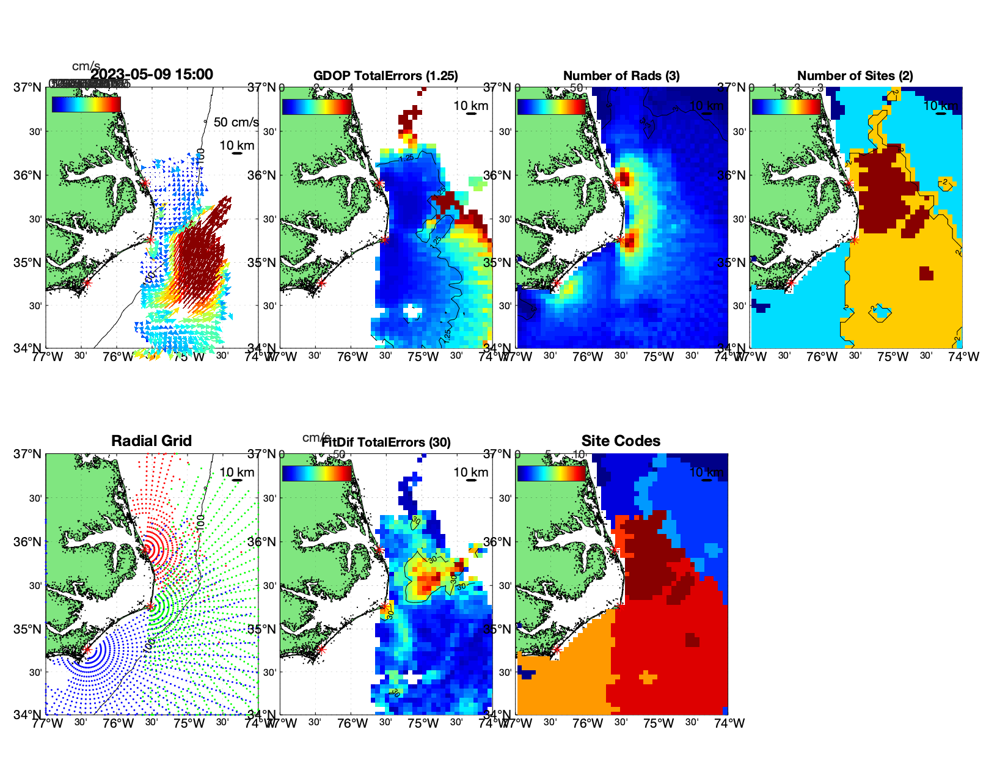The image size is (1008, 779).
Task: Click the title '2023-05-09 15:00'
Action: pyautogui.click(x=152, y=75)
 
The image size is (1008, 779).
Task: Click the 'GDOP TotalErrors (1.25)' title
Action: pyautogui.click(x=385, y=76)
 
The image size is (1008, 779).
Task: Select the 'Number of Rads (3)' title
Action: pyautogui.click(x=621, y=76)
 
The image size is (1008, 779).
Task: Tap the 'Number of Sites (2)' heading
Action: pyautogui.click(x=855, y=76)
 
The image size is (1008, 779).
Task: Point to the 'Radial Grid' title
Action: pyautogui.click(x=152, y=441)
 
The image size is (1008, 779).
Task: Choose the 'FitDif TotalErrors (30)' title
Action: pyautogui.click(x=385, y=442)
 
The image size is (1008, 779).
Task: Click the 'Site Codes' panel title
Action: pyautogui.click(x=621, y=441)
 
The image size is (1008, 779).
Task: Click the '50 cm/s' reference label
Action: pyautogui.click(x=236, y=122)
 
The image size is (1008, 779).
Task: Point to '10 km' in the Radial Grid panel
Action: pyautogui.click(x=236, y=472)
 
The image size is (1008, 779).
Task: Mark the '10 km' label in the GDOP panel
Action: pyautogui.click(x=470, y=106)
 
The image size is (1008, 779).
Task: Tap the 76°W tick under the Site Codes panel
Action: pyautogui.click(x=587, y=723)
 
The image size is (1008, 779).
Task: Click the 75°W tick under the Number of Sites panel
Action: pyautogui.click(x=893, y=357)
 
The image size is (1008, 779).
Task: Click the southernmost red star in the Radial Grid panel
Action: pyautogui.click(x=87, y=650)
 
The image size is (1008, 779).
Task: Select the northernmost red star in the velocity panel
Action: pyautogui.click(x=145, y=183)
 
